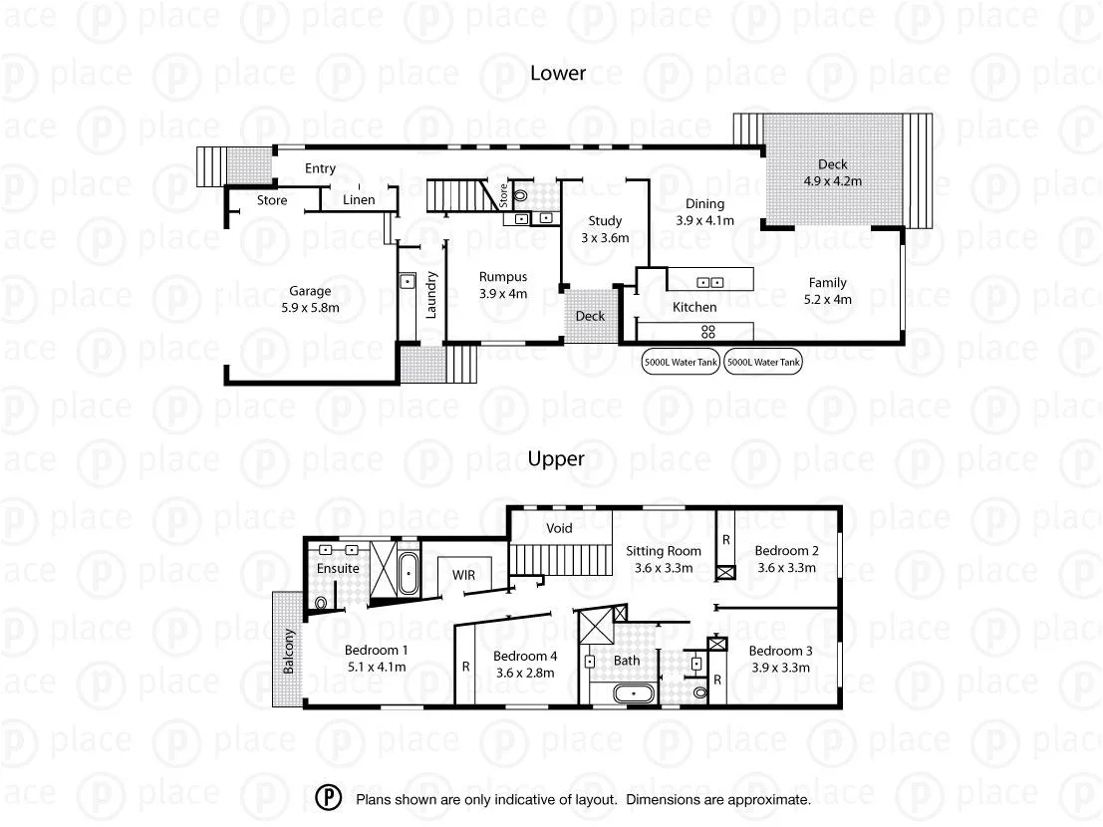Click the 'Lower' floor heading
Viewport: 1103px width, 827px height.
tap(557, 73)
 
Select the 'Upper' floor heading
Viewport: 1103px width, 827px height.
tap(556, 459)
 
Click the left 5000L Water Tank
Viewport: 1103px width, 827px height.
tap(682, 363)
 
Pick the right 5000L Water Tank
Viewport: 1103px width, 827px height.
tap(763, 363)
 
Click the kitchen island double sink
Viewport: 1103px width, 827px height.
tap(709, 281)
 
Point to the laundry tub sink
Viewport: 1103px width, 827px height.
tap(408, 282)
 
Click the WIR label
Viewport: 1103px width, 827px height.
tap(463, 575)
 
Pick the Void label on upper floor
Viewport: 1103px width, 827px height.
tap(560, 528)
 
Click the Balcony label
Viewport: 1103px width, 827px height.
tap(290, 652)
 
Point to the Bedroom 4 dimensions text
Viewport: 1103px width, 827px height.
tap(524, 673)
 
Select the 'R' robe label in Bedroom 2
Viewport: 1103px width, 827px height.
tap(726, 539)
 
